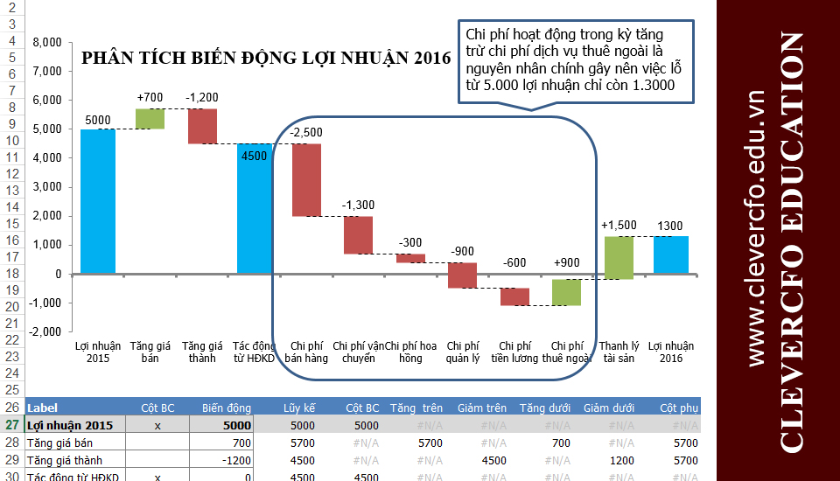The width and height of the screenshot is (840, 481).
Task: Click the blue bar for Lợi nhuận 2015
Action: point(98,201)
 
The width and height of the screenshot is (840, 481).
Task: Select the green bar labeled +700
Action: point(150,119)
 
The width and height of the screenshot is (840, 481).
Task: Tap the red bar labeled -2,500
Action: point(306,179)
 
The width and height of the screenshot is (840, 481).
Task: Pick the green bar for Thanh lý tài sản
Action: point(619,258)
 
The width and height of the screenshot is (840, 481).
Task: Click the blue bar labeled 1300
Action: point(670,254)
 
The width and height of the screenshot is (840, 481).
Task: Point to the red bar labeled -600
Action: point(514,296)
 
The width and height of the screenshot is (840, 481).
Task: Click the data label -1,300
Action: point(358,205)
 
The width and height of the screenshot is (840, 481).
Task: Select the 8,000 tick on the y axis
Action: point(46,42)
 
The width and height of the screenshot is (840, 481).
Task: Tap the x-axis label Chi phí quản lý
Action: point(462,352)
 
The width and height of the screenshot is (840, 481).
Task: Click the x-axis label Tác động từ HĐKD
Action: point(254,352)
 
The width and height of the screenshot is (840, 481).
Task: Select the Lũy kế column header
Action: point(298,408)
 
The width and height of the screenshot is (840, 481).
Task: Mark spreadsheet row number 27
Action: point(12,425)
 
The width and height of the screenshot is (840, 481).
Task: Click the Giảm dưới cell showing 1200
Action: point(620,460)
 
